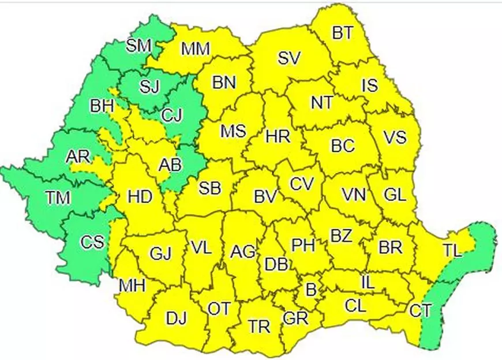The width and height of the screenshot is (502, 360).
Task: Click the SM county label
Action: pos(138,46)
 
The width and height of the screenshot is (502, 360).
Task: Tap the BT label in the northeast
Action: pos(342,33)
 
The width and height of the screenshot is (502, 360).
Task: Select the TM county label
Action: pos(58,198)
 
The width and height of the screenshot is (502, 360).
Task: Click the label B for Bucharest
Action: pos(310,290)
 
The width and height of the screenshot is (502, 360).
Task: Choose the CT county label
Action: pos(421,312)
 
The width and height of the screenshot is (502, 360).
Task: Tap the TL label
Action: pos(453,250)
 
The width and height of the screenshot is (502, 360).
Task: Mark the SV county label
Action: pos(290,58)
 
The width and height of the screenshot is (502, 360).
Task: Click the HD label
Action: pos(140,197)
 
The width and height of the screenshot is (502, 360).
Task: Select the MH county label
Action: pos(132,285)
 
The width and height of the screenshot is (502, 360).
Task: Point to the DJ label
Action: pos(176,317)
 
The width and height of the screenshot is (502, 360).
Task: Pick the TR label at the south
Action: pos(259,327)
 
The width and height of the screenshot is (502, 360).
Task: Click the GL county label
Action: pos(395,195)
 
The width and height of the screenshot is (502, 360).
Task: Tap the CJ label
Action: pos(171,116)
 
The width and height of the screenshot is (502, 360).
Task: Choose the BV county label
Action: pos(266,197)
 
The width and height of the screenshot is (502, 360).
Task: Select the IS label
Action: pos(369,86)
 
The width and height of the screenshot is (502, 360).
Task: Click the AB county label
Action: pos(171,166)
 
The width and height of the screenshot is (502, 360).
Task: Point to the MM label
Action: pos(194,49)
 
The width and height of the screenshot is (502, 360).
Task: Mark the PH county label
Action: pos(302,246)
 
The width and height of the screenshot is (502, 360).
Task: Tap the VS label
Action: pos(395,138)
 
